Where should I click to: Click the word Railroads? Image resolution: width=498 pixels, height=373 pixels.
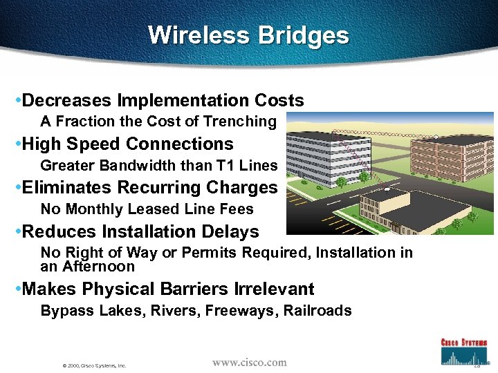pyautogui.click(x=318, y=311)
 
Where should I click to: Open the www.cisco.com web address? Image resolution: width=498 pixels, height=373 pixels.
pyautogui.click(x=249, y=362)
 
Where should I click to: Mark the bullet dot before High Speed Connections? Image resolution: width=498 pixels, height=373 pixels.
pyautogui.click(x=17, y=145)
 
